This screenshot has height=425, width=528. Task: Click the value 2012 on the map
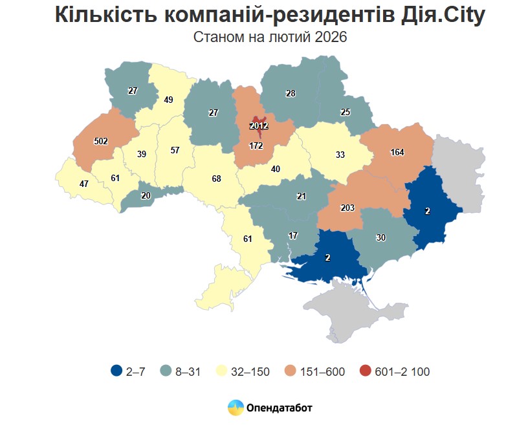[x=259, y=125]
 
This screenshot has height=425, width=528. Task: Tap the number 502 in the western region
[x=100, y=141]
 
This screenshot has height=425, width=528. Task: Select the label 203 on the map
[x=347, y=207]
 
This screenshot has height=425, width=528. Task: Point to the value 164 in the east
[x=397, y=153]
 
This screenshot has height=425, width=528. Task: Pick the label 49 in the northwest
[x=168, y=100]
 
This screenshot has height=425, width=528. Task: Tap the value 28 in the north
[x=291, y=94]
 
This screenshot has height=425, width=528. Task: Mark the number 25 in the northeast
[x=346, y=113]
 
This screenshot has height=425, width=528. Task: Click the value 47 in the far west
[x=83, y=184]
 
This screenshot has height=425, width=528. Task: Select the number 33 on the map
[x=340, y=155]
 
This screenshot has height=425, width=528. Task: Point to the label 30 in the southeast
[x=380, y=237]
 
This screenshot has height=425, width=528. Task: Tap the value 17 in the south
[x=293, y=235]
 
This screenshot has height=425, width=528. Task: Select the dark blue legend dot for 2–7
[x=116, y=371]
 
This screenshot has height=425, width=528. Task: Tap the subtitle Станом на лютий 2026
[x=270, y=38]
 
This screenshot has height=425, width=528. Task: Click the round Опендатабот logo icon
[x=235, y=408]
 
